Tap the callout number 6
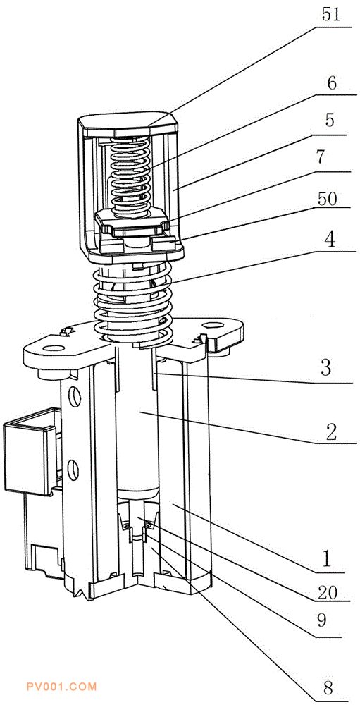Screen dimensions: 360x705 click(332, 84)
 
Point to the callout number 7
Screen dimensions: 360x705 click(331, 159)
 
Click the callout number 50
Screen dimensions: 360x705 click(327, 199)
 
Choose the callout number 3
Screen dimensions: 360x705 click(326, 368)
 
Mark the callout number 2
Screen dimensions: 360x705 click(331, 431)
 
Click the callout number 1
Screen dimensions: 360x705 click(328, 559)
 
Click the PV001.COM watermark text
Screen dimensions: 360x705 click(61, 687)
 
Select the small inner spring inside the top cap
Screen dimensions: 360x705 click(130, 178)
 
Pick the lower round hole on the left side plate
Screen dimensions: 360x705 click(73, 470)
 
